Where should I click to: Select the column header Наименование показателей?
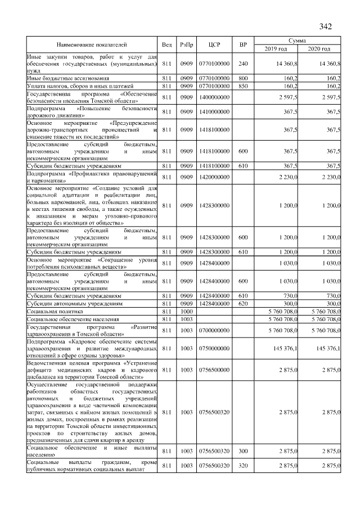92,44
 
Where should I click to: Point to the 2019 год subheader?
275,49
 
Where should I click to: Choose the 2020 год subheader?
319,49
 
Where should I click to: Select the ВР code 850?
243,86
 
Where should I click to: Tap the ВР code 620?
243,303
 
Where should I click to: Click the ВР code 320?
243,465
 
